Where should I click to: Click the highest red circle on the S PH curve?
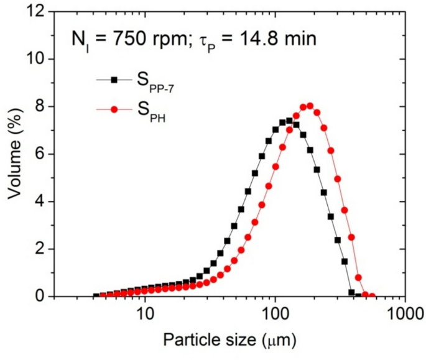click(x=310, y=106)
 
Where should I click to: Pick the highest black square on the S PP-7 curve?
click(x=289, y=121)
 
